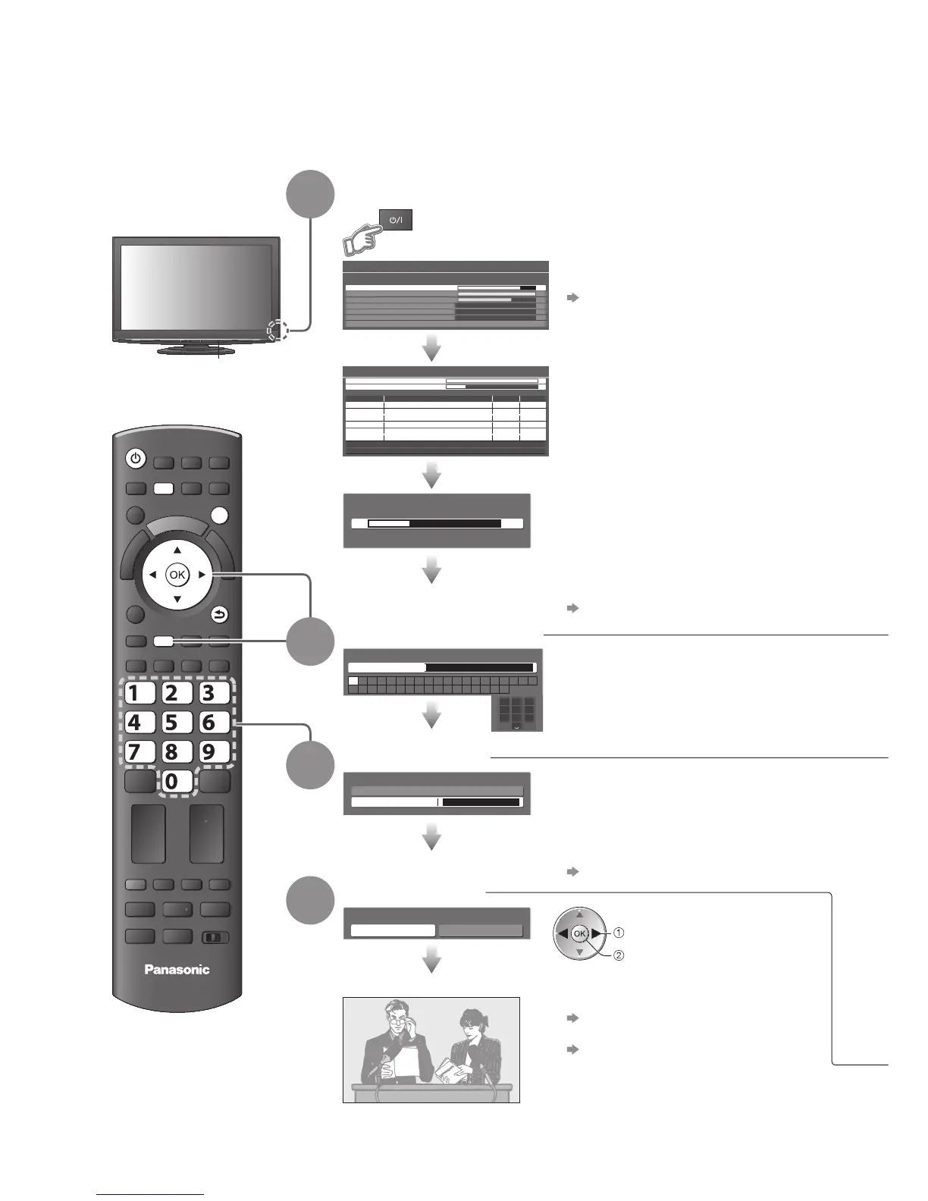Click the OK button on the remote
177,575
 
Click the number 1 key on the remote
137,693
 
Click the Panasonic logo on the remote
177,969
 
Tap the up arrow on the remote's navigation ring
177,550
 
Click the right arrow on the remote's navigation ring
202,575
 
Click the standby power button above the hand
395,219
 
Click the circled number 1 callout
619,933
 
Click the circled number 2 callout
619,955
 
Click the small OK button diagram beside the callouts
580,933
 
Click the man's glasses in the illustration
397,1020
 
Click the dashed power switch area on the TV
277,330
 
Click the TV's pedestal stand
196,350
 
